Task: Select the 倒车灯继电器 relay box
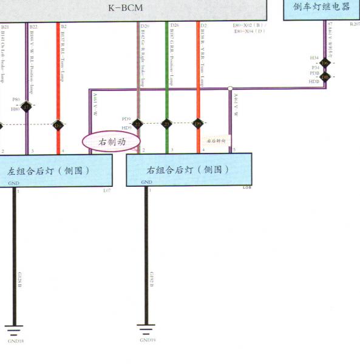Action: tap(322, 8)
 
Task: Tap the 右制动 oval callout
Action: tap(111, 141)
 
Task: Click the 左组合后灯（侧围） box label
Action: tap(49, 170)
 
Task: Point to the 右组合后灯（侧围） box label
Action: tap(189, 170)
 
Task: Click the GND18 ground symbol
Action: tap(15, 331)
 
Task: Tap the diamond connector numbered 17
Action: tap(26, 107)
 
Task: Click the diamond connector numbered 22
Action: tap(137, 124)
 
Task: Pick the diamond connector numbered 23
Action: tap(166, 124)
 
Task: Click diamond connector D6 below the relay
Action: tap(325, 63)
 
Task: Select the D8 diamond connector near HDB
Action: tap(325, 77)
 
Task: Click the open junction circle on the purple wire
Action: tap(230, 89)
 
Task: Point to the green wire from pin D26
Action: tap(166, 73)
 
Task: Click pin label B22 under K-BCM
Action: tap(33, 27)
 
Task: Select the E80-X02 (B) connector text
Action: tap(249, 26)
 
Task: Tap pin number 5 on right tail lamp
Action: tap(234, 149)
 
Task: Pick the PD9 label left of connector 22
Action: tap(126, 120)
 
